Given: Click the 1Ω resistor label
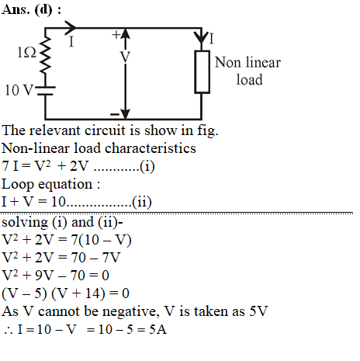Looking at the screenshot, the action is (26, 53).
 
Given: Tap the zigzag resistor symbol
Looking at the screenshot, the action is (45, 54).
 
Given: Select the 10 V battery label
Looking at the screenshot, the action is (19, 90).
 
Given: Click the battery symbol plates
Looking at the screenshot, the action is (46, 91).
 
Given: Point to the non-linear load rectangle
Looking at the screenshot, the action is (202, 71).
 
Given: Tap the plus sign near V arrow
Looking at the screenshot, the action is (116, 34).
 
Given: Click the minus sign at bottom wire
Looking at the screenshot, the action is (115, 114).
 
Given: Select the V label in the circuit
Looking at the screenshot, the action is (125, 57).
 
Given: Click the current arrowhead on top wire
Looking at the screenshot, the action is (70, 27).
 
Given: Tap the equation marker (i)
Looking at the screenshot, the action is (147, 166).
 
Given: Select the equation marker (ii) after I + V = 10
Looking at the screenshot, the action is (142, 202).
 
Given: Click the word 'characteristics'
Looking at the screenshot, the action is (151, 148).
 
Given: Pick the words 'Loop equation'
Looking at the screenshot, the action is (47, 184).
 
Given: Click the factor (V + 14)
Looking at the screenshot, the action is (78, 293).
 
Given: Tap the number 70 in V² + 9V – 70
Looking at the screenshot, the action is (78, 275).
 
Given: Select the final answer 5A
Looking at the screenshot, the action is (157, 329).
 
